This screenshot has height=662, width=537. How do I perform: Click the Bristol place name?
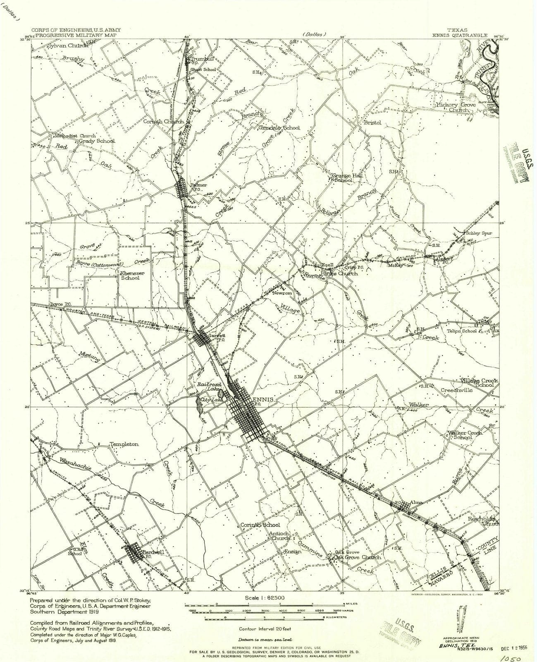(x=372, y=123)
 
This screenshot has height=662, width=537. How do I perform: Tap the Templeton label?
(x=124, y=444)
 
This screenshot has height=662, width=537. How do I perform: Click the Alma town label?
(x=416, y=502)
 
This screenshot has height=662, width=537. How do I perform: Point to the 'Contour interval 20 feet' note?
(x=263, y=628)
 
